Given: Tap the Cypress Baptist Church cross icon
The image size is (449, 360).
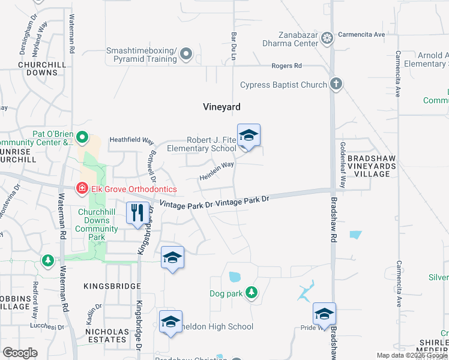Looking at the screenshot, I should [x=336, y=85].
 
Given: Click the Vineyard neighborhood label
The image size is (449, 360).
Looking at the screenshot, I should [x=221, y=107].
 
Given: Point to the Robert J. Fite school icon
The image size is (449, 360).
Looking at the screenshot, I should [x=249, y=136].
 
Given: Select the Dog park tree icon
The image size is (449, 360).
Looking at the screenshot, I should [x=252, y=293].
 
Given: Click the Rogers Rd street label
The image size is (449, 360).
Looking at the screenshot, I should [x=286, y=66].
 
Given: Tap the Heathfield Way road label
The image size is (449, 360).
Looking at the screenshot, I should [x=131, y=140].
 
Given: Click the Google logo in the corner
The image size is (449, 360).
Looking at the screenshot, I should [x=20, y=352].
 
